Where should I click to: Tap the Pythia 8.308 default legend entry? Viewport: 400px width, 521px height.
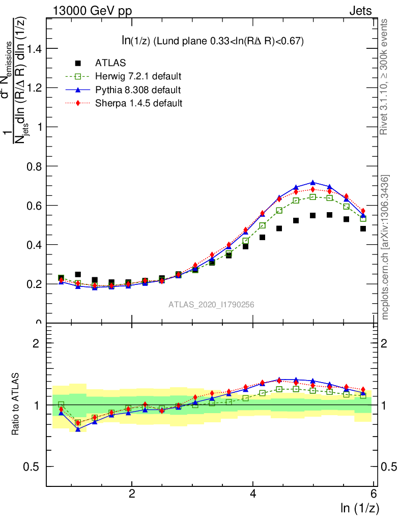138,90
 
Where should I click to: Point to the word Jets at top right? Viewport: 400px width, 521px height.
360,11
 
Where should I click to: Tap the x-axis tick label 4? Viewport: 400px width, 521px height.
253,493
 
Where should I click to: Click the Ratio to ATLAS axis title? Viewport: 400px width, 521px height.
16,404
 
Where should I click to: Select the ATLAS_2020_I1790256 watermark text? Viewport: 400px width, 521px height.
211,305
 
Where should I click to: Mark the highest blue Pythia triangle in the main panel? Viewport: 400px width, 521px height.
313,183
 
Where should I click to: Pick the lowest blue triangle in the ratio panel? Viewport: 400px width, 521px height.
78,429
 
